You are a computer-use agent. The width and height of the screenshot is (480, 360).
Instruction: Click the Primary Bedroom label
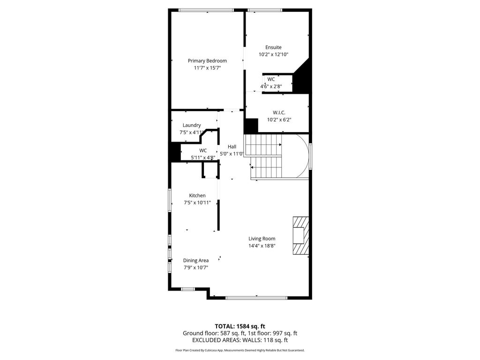[207, 60]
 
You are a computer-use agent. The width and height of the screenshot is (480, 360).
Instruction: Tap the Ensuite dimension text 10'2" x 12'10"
[273, 54]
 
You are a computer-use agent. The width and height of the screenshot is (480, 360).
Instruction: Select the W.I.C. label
[279, 112]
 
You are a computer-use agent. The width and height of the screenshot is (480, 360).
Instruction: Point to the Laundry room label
[192, 125]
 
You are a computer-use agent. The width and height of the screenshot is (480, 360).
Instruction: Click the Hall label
[232, 147]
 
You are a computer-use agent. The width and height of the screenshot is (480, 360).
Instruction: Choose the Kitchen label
[197, 195]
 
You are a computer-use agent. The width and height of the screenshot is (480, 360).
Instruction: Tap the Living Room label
[262, 239]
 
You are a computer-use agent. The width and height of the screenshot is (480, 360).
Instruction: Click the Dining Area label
[196, 261]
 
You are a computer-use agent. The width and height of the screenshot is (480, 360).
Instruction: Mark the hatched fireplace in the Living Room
[300, 235]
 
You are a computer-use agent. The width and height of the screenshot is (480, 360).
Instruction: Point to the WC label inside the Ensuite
[271, 79]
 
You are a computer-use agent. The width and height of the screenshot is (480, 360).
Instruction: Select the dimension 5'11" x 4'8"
[203, 157]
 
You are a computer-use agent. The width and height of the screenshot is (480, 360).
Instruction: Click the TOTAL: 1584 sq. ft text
[240, 326]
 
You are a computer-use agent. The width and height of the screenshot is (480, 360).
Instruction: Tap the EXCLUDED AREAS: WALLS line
[240, 340]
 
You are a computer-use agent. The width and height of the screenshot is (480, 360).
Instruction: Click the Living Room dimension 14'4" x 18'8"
[262, 246]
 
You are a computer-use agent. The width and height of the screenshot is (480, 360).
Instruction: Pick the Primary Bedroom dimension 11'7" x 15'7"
[207, 67]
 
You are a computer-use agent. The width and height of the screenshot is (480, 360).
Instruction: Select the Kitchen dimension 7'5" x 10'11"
[197, 202]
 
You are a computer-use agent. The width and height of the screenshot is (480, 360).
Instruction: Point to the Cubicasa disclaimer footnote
[240, 350]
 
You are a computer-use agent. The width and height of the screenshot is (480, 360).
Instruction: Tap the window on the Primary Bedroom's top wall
[206, 10]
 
